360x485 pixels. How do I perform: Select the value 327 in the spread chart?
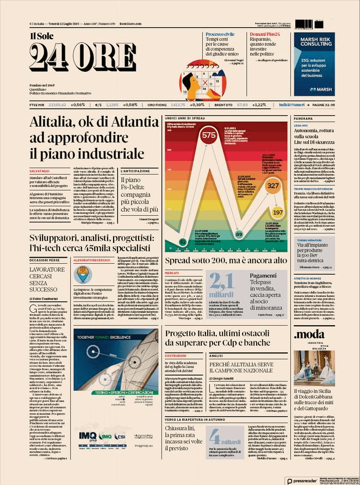point(274,186)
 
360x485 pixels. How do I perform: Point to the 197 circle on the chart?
point(278,212)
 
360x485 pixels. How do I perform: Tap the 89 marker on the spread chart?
point(238,234)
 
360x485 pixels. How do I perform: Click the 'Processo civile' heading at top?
point(220,34)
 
